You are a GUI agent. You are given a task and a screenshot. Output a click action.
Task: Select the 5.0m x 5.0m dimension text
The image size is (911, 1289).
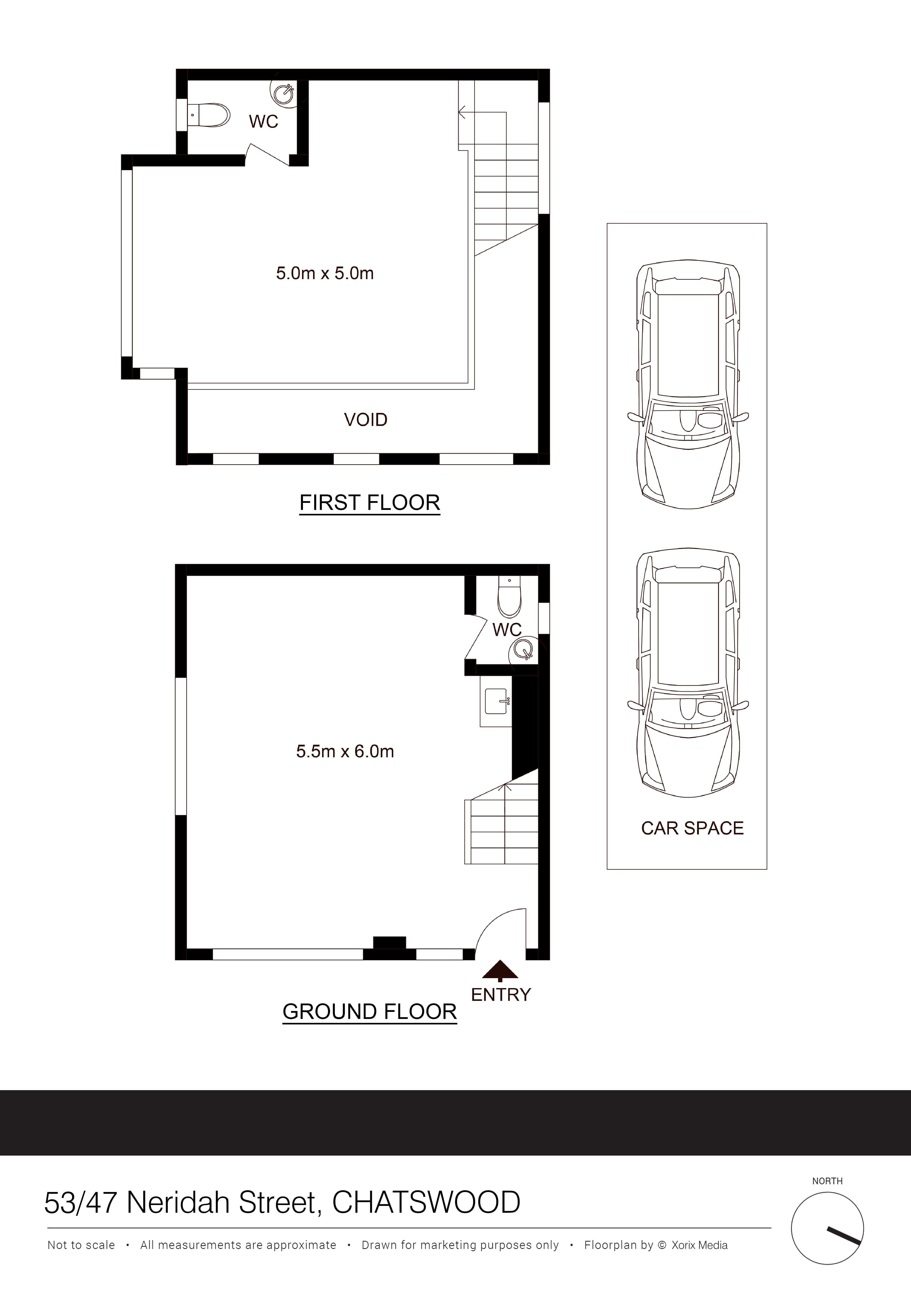click(x=325, y=273)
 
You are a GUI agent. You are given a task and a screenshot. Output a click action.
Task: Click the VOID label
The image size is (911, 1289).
click(x=365, y=420)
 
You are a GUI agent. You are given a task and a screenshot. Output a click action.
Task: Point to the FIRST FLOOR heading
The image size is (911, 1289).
click(x=369, y=502)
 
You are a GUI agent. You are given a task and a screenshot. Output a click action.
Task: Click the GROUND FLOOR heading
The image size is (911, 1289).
click(x=369, y=1012)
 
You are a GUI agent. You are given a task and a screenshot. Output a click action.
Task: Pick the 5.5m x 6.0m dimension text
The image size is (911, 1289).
click(x=345, y=751)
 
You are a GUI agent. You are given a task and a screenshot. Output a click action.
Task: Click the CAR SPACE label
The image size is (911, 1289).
click(x=692, y=828)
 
